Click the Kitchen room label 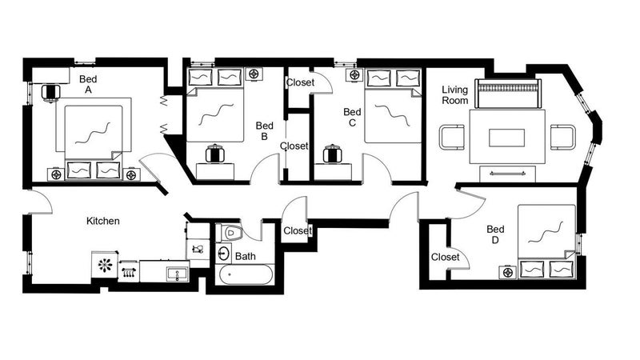[103, 221]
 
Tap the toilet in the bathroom [229, 233]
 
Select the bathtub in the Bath [246, 274]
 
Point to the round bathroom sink [223, 253]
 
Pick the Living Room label [454, 94]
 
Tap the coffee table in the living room [507, 138]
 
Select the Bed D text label [495, 234]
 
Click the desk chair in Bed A [51, 93]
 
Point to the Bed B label [264, 131]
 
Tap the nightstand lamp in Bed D [508, 272]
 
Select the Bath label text [246, 256]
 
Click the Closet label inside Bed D [446, 257]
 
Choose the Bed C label [352, 117]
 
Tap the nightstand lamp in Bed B [254, 74]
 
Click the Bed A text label [88, 85]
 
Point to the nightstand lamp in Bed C [355, 75]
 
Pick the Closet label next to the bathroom [298, 230]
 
